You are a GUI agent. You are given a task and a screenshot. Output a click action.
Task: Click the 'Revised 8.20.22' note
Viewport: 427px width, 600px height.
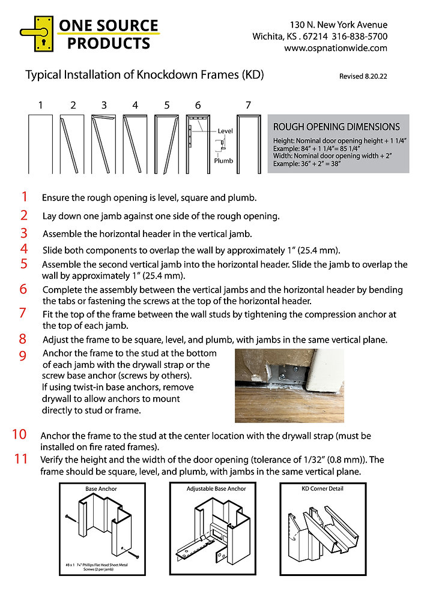coord(363,77)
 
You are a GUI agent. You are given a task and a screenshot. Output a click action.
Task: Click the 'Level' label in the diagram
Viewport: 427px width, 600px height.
coord(225,131)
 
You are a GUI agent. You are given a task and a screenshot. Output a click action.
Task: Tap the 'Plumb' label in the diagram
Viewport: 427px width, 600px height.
coord(223,160)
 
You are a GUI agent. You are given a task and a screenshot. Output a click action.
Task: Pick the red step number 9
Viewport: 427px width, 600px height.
coord(23,356)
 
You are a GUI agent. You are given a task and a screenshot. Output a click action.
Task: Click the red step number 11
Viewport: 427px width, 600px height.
coord(21,459)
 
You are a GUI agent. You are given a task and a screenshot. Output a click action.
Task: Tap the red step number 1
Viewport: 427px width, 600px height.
coord(24,196)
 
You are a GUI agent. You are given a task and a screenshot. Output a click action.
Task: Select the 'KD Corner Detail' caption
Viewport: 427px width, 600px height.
coord(322,488)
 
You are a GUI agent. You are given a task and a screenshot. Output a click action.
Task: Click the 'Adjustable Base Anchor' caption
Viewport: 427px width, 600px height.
coord(216,488)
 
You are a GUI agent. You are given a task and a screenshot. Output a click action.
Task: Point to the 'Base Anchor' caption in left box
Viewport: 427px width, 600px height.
coord(101,488)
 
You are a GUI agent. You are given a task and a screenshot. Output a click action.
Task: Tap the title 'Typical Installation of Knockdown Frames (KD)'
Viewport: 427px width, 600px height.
coord(144,76)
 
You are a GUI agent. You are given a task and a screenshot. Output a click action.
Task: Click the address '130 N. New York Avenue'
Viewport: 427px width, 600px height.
coord(338,25)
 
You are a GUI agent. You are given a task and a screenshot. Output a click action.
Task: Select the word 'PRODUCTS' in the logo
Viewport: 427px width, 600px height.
coord(108,43)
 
